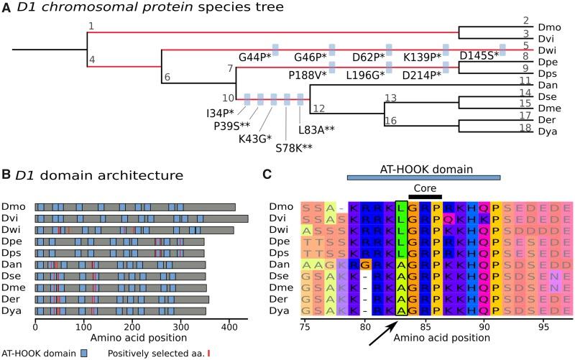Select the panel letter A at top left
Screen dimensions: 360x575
coord(6,9)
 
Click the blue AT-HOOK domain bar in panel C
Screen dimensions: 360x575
coord(423,176)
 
